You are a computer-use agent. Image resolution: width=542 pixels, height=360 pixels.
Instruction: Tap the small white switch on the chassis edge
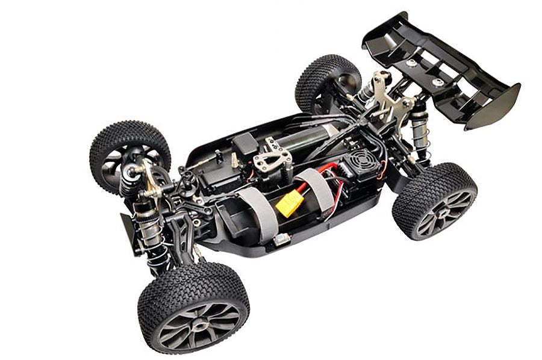click(279, 238)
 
